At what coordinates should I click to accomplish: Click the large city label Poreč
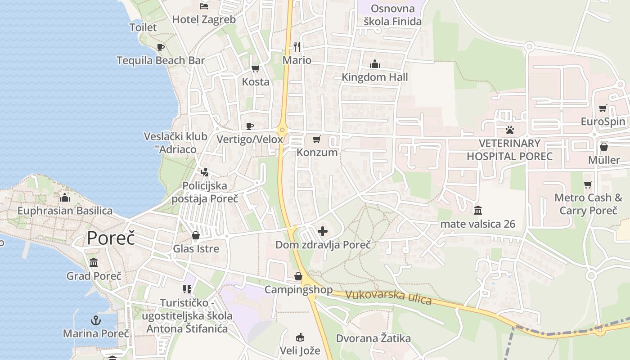pyautogui.click(x=111, y=238)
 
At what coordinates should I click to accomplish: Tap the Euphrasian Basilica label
pyautogui.click(x=65, y=211)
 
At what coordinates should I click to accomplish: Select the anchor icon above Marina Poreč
pyautogui.click(x=95, y=320)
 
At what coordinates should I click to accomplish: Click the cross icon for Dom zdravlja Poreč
pyautogui.click(x=323, y=232)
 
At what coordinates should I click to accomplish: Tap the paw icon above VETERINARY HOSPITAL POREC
pyautogui.click(x=509, y=130)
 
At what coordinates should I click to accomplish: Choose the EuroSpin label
pyautogui.click(x=603, y=121)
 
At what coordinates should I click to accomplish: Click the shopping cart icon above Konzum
pyautogui.click(x=317, y=139)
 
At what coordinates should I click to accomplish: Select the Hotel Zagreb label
pyautogui.click(x=204, y=19)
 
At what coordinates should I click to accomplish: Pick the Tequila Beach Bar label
pyautogui.click(x=161, y=60)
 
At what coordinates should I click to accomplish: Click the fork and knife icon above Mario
pyautogui.click(x=297, y=46)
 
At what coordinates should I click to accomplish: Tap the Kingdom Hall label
pyautogui.click(x=374, y=77)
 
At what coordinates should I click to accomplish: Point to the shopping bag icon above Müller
pyautogui.click(x=604, y=147)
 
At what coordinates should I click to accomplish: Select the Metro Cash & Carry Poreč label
pyautogui.click(x=588, y=204)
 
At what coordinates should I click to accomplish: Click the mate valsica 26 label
pyautogui.click(x=477, y=224)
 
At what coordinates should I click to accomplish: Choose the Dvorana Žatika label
pyautogui.click(x=373, y=338)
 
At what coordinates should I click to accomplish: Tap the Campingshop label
pyautogui.click(x=298, y=289)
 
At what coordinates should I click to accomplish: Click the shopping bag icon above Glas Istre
pyautogui.click(x=196, y=235)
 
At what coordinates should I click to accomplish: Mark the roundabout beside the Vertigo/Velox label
pyautogui.click(x=282, y=130)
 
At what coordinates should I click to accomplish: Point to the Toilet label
pyautogui.click(x=143, y=27)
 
